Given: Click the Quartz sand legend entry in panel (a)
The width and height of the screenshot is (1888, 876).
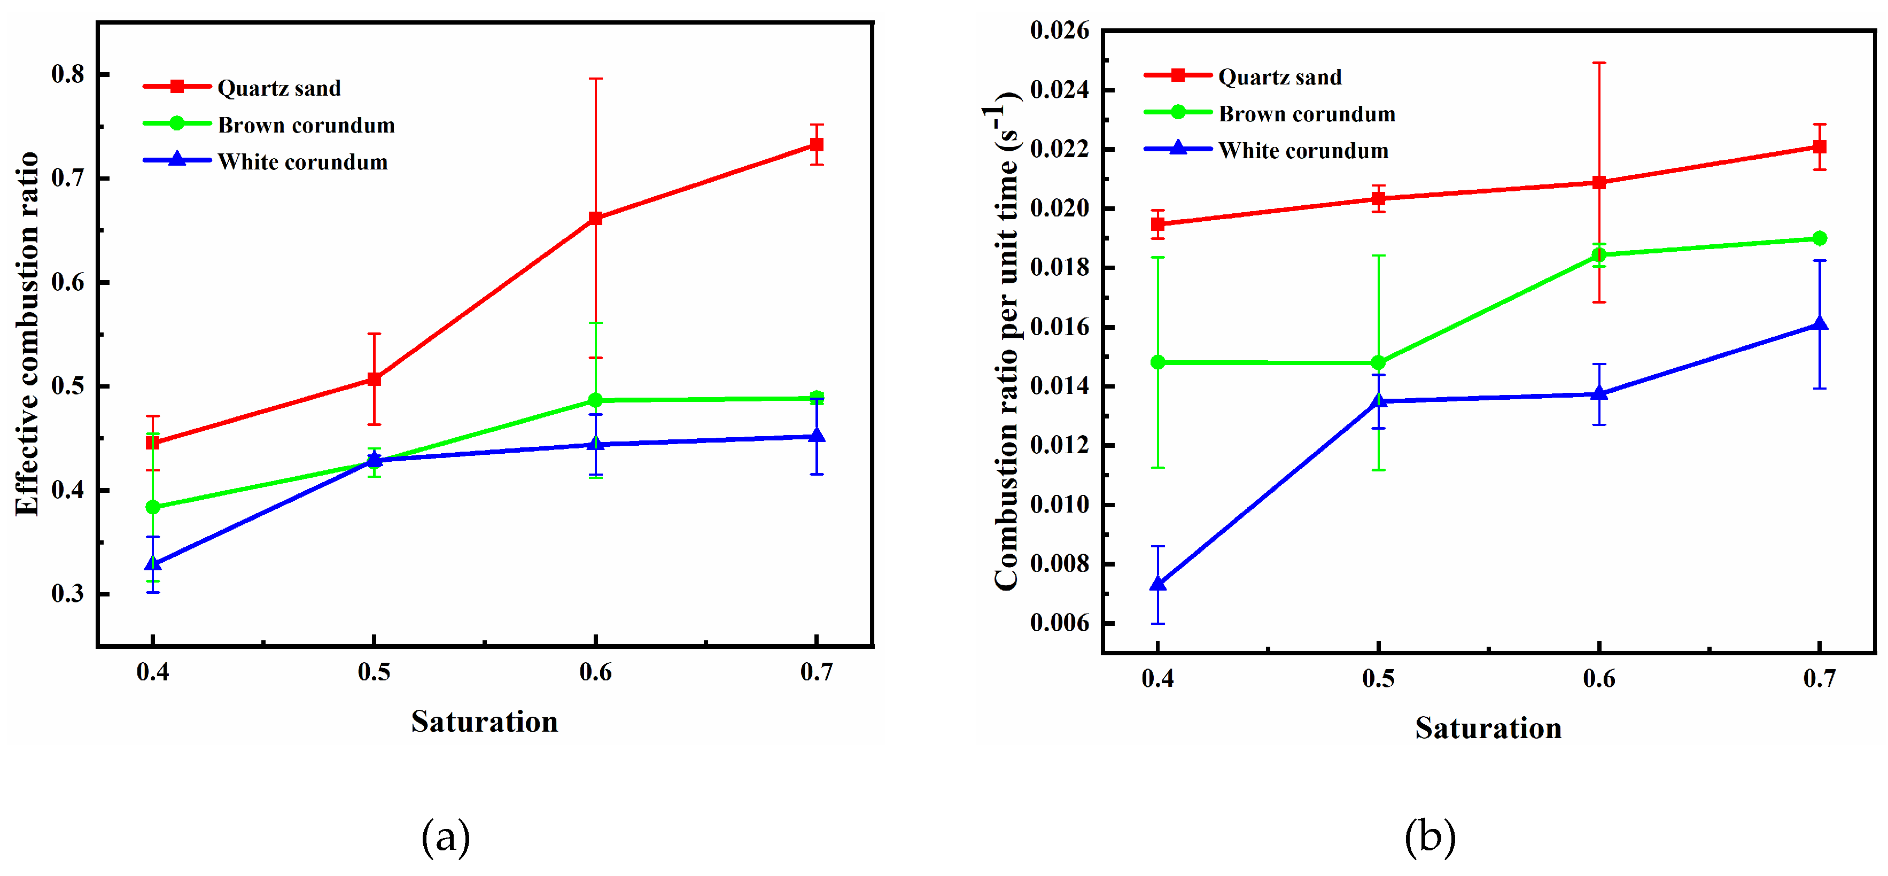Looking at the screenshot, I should click(278, 88).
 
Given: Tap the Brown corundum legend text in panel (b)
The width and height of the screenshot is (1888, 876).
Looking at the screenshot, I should click(1306, 114).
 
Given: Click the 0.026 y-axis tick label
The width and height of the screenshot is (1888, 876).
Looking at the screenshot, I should click(1059, 31).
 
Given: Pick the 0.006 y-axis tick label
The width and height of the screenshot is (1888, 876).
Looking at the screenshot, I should click(1059, 623).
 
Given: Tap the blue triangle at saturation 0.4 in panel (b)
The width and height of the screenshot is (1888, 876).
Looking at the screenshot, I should click(1158, 584).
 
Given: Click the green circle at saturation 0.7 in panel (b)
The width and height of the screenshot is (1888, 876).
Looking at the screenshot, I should click(1819, 238).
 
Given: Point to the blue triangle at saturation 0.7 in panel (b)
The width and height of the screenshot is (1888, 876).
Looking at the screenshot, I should click(1819, 324).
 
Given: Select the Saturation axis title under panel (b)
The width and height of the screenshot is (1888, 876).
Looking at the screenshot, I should click(1488, 728).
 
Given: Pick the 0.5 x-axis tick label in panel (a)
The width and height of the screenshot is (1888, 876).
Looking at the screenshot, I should click(374, 671).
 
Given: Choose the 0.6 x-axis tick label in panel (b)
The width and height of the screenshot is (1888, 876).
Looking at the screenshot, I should click(1598, 678).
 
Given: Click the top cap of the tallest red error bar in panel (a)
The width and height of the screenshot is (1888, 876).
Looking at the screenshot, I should click(595, 79).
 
